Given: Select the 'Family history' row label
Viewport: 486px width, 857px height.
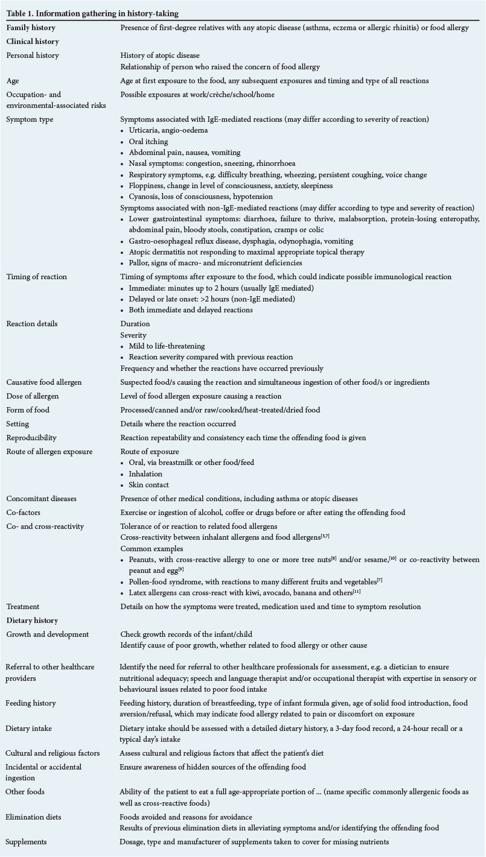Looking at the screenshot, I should click(x=31, y=28).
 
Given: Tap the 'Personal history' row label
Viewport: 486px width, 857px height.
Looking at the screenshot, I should click(x=33, y=55).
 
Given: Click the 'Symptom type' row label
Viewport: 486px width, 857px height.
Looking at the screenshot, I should click(x=30, y=119).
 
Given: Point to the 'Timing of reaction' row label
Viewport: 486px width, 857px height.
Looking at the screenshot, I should click(x=36, y=277).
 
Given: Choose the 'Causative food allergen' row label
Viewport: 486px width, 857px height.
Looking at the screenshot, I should click(x=43, y=382).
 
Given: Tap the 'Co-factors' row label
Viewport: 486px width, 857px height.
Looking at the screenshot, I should click(x=24, y=513).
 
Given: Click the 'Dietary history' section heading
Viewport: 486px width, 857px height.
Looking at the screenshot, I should click(x=33, y=620).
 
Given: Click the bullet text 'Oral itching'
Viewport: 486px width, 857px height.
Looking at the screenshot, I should click(x=152, y=142).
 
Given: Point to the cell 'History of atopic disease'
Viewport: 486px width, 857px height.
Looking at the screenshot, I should click(x=159, y=55).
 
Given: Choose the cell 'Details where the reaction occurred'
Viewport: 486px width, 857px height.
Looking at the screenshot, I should click(x=178, y=424).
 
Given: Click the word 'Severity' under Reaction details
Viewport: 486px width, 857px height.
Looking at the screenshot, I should click(x=133, y=335).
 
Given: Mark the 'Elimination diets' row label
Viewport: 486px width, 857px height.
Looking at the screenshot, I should click(x=34, y=817).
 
